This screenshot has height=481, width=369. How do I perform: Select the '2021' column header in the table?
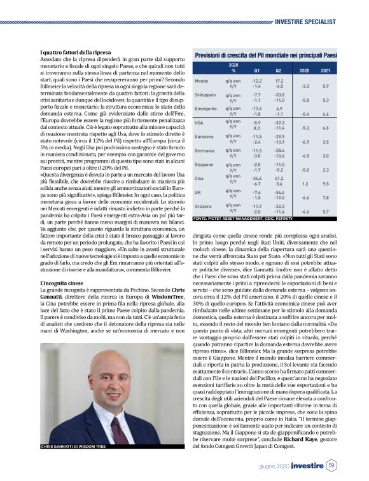click(x=325, y=70)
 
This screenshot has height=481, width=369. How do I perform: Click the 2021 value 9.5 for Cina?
click(x=326, y=184)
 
